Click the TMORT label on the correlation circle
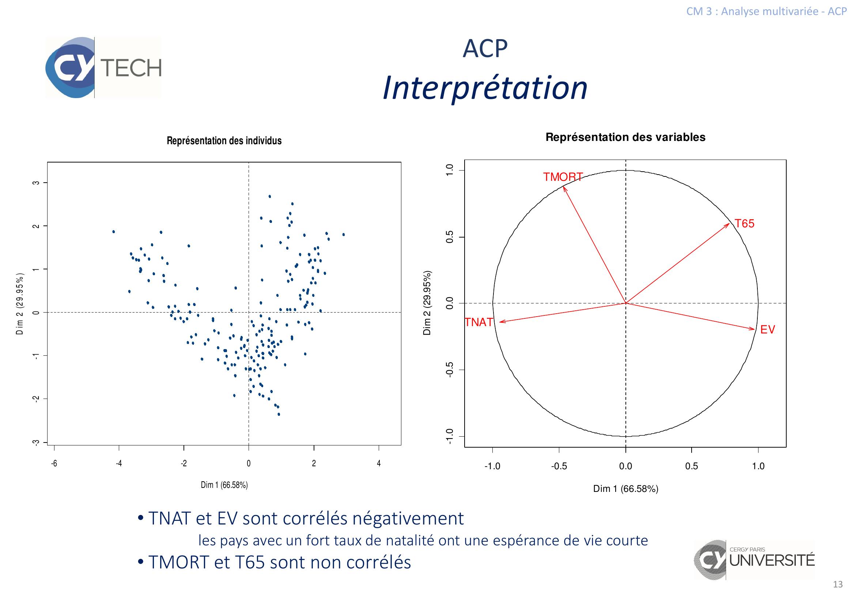(562, 177)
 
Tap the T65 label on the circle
(744, 224)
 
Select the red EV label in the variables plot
(768, 329)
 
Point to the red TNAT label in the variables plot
(479, 322)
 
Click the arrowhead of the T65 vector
(729, 224)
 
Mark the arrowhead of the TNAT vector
(501, 322)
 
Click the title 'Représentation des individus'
(224, 141)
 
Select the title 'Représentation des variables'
(625, 137)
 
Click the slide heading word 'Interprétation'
(485, 88)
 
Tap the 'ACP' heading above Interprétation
(485, 48)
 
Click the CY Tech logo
(103, 67)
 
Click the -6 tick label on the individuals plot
(54, 464)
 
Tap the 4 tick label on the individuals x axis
(379, 464)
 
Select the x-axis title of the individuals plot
(224, 485)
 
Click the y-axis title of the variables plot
(427, 303)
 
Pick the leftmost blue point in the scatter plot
(114, 231)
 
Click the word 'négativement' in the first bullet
(408, 519)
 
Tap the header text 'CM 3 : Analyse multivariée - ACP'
(767, 11)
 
